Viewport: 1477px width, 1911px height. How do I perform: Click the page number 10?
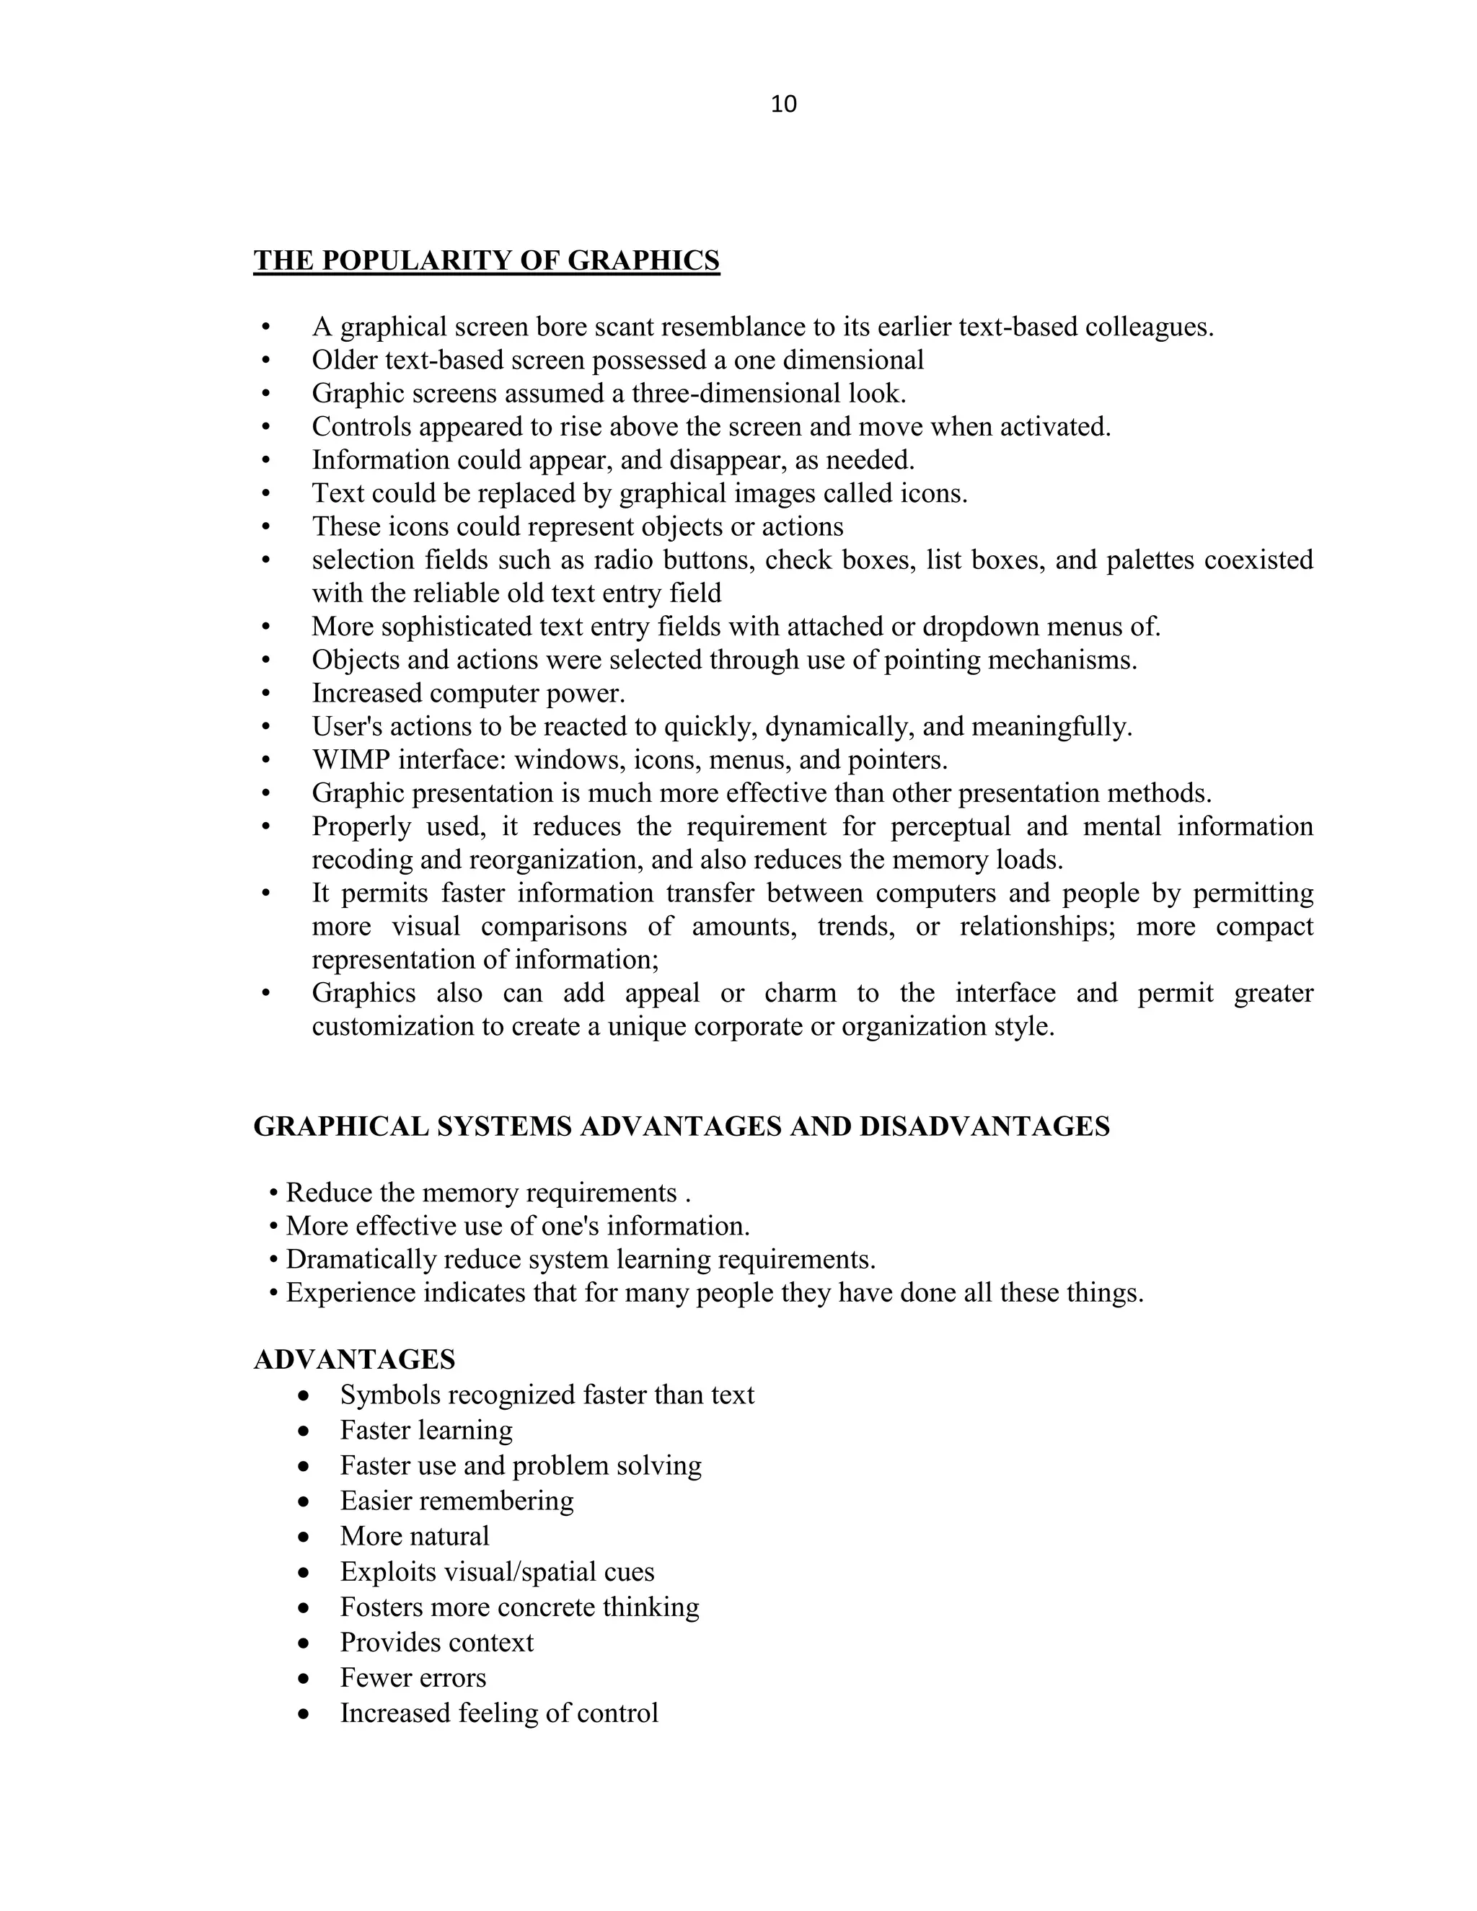(x=783, y=104)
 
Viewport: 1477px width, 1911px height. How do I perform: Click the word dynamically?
(x=842, y=726)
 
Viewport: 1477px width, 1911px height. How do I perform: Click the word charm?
(x=800, y=992)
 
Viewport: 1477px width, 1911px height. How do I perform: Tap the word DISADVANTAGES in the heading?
(x=984, y=1126)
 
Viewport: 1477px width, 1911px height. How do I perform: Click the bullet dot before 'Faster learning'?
(x=304, y=1432)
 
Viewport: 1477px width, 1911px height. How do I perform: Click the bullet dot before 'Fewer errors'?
(x=304, y=1679)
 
